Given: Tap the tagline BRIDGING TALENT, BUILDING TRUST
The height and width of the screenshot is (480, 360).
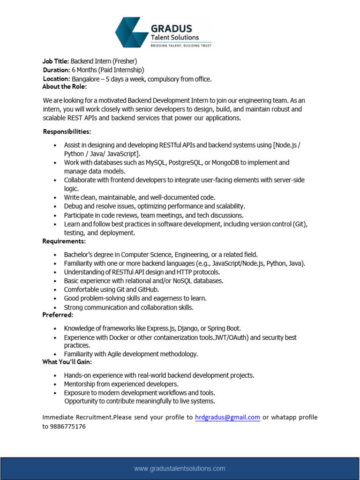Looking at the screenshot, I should pyautogui.click(x=180, y=45).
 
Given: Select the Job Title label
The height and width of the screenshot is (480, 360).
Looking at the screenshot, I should pyautogui.click(x=56, y=61).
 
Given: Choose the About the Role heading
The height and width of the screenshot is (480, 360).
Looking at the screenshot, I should pyautogui.click(x=65, y=87).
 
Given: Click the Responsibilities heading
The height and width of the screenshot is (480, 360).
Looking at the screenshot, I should pyautogui.click(x=67, y=131).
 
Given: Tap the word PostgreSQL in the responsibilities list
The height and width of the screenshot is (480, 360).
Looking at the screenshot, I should pyautogui.click(x=182, y=163).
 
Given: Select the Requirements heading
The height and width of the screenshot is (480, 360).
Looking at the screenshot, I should pyautogui.click(x=64, y=241).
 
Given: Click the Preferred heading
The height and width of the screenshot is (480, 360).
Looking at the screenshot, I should pyautogui.click(x=58, y=315).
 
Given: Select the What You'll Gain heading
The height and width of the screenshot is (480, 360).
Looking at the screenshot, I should pyautogui.click(x=67, y=362).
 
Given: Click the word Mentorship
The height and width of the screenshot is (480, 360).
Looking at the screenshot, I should pyautogui.click(x=81, y=384).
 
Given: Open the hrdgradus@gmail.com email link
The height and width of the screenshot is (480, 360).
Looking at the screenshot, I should pyautogui.click(x=227, y=417).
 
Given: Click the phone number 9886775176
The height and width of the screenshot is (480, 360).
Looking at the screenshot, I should pyautogui.click(x=64, y=427).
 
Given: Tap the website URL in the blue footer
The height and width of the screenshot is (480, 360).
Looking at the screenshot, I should pyautogui.click(x=180, y=468).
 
